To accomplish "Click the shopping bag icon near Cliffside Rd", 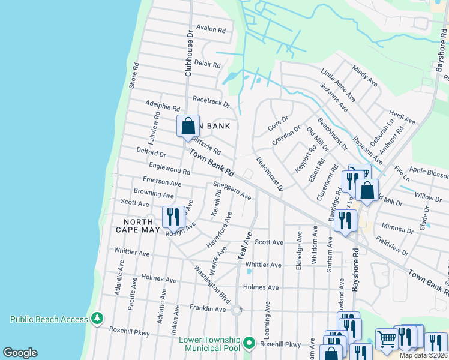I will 188,127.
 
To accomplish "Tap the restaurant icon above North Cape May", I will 173,217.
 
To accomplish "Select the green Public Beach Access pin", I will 97,318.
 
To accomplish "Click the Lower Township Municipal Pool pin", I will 249,344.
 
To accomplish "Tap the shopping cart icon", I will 387,340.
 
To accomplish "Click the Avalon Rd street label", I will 211,29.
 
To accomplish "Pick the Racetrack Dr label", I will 211,101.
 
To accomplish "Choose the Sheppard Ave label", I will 232,191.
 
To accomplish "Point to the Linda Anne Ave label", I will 338,85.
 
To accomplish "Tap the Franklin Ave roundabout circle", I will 237,310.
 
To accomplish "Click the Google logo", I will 20,353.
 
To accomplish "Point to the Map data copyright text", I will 424,355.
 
